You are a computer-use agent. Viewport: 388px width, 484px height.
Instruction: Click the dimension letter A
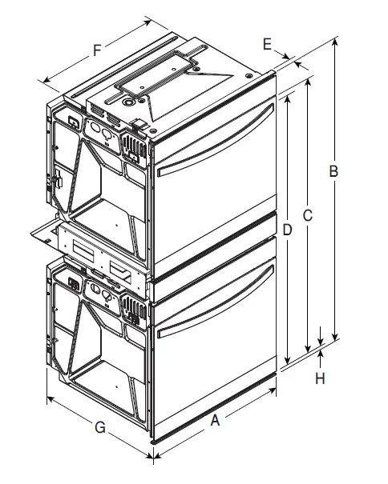(215, 419)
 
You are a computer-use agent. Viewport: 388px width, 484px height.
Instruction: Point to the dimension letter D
(287, 230)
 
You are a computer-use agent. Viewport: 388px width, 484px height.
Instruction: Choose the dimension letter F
(96, 50)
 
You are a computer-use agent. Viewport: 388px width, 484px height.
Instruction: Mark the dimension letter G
(100, 427)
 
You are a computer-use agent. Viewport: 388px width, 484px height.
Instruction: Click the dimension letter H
(321, 377)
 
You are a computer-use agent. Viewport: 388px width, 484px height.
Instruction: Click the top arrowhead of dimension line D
(285, 101)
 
